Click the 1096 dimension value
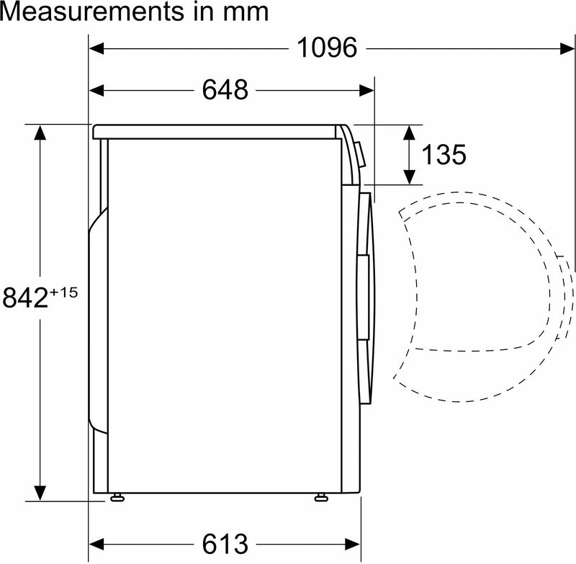point(327,48)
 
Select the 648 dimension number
point(225,89)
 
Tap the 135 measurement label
point(444,154)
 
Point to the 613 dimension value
point(225,544)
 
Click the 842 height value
point(26,298)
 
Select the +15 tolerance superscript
point(64,292)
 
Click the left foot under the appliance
point(117,497)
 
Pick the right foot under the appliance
point(321,497)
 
